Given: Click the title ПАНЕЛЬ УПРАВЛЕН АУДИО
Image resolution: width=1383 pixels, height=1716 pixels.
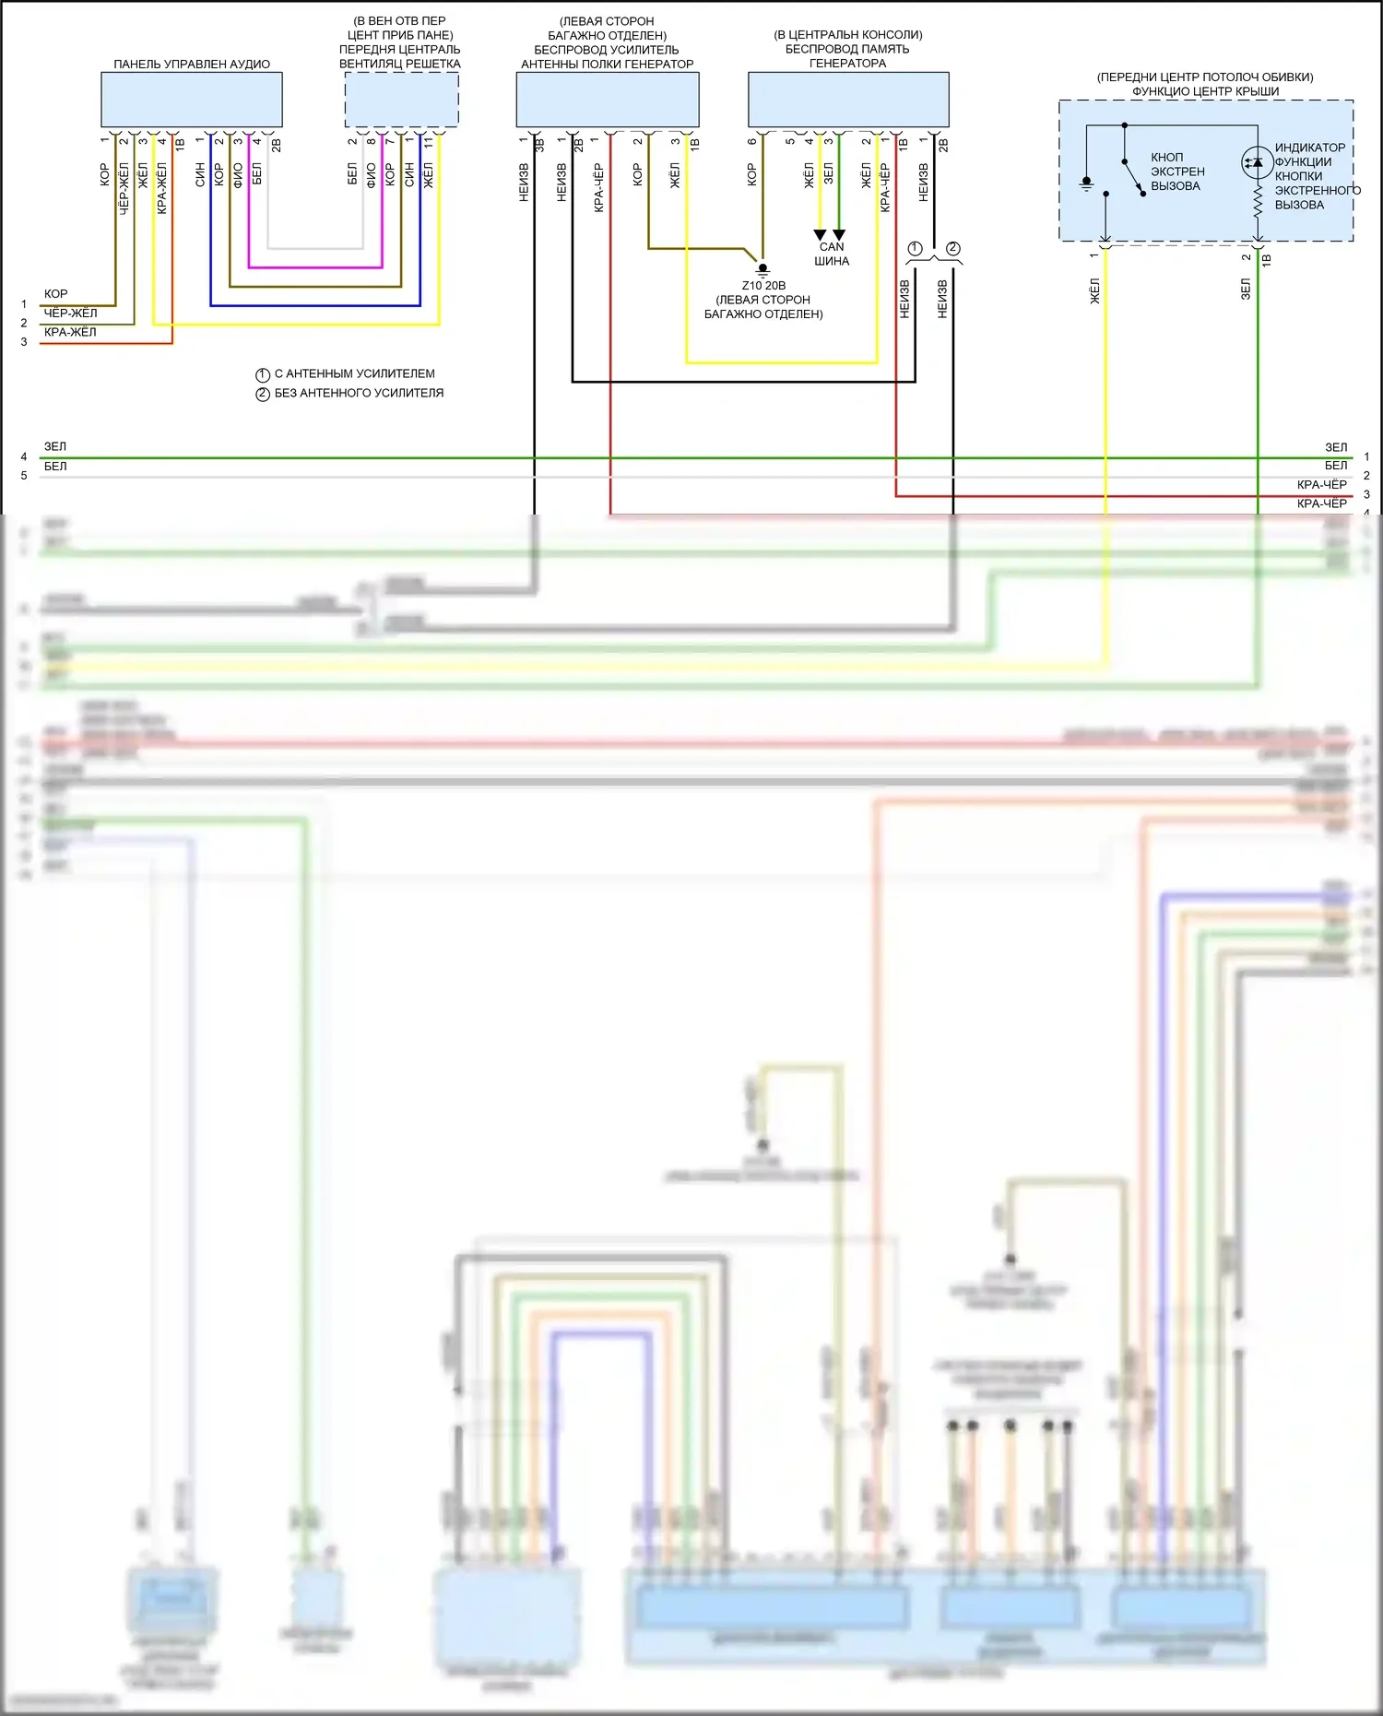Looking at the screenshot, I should coord(192,65).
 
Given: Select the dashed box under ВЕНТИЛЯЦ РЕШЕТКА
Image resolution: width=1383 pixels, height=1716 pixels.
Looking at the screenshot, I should coord(401,100).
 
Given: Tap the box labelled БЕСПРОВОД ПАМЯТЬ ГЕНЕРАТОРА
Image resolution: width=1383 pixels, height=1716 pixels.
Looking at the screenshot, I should coord(847,100).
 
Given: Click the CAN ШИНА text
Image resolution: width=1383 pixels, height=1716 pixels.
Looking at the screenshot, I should coord(832,254).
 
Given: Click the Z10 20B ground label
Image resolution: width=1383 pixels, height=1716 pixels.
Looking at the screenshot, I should coord(763,286).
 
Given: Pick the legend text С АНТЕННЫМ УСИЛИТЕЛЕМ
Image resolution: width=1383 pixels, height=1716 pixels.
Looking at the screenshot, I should coord(354,373).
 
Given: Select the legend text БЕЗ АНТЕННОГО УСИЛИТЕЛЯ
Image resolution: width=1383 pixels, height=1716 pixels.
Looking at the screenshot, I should coord(359,393).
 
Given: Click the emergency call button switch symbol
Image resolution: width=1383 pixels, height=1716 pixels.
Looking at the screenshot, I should coord(1132,176).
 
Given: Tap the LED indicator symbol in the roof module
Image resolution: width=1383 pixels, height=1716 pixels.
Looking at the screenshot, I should coord(1256,162).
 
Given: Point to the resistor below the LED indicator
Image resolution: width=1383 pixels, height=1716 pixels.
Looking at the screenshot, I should coord(1258,203).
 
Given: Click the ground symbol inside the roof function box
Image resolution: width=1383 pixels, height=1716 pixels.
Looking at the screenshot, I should coord(1087,183).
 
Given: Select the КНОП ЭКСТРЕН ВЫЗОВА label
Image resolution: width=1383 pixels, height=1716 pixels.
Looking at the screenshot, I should coord(1176,172).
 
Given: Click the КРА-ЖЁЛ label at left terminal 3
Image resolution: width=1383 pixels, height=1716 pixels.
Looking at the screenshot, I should coord(70,332).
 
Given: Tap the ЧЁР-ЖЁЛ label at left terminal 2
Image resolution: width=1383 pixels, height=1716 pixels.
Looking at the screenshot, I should coord(70,313).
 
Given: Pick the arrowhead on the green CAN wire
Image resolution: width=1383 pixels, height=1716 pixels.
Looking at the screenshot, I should coord(839,235).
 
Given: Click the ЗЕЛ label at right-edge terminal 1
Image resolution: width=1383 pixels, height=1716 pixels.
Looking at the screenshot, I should coord(1335,447).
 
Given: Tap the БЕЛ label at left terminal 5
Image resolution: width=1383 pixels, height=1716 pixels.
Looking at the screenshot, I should coord(55,467).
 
